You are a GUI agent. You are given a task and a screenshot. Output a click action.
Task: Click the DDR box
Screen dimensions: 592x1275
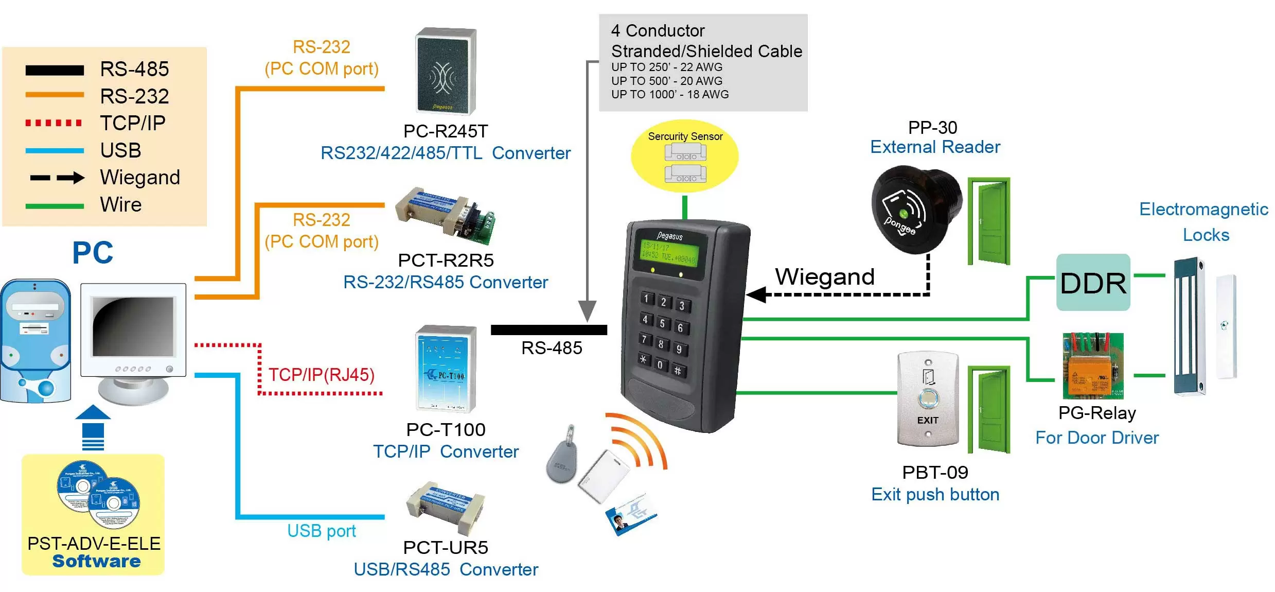(x=1093, y=282)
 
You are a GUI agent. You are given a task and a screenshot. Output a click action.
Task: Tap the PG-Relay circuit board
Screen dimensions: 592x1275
(x=1093, y=365)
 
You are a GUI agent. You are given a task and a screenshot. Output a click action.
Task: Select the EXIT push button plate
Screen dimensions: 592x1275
(x=928, y=398)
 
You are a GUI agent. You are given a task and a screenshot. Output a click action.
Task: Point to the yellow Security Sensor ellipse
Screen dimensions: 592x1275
(x=684, y=156)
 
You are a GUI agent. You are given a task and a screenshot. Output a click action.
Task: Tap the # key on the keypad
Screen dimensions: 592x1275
(x=678, y=371)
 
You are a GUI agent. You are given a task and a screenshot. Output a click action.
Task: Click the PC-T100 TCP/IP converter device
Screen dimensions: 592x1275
(x=446, y=368)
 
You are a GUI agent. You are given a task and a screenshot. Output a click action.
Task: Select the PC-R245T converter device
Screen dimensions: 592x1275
(x=446, y=71)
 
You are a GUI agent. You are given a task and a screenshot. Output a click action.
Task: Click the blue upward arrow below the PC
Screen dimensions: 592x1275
(x=93, y=427)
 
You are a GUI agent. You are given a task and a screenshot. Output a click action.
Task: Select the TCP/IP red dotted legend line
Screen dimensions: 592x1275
(x=54, y=123)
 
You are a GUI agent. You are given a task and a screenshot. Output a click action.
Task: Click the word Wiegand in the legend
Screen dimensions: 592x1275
(x=140, y=178)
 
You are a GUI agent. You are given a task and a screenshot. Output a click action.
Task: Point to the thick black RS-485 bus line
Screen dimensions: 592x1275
(x=548, y=330)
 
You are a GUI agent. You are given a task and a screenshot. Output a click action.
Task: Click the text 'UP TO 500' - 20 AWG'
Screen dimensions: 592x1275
(x=666, y=81)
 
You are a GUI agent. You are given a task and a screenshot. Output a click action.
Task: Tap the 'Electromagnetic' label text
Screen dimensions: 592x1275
(x=1203, y=210)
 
